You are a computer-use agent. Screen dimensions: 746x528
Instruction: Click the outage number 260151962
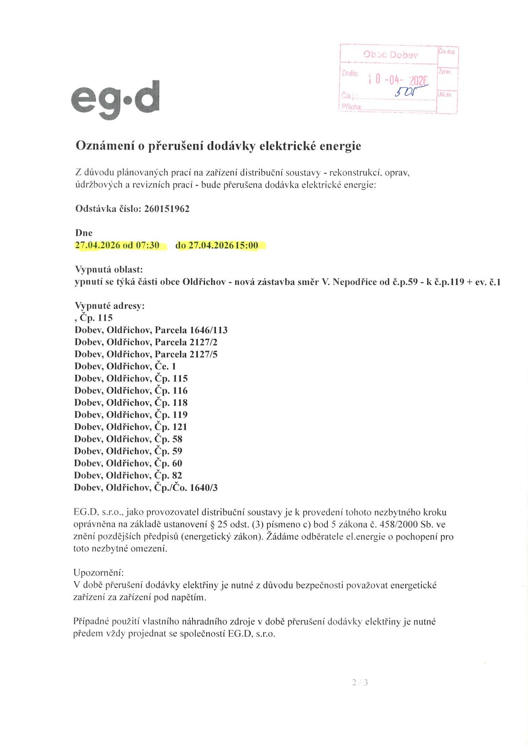click(167, 209)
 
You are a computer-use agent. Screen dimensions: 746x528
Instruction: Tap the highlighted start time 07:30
click(147, 245)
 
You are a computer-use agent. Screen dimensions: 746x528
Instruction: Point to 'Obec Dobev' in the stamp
click(391, 55)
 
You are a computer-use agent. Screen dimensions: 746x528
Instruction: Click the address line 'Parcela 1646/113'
click(151, 330)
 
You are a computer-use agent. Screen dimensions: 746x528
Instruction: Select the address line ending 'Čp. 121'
click(131, 427)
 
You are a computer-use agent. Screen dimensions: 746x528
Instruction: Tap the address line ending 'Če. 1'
click(125, 366)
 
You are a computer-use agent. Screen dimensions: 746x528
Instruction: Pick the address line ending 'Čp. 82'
click(128, 475)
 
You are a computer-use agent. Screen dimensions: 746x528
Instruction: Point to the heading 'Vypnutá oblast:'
click(108, 269)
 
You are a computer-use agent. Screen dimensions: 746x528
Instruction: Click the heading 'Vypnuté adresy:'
click(110, 306)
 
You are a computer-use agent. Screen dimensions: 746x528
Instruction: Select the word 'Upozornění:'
click(99, 573)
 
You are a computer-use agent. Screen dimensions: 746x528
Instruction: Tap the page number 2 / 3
click(360, 683)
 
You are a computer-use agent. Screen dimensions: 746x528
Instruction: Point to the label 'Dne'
click(84, 233)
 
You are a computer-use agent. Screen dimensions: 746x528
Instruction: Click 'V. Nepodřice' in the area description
click(348, 282)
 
